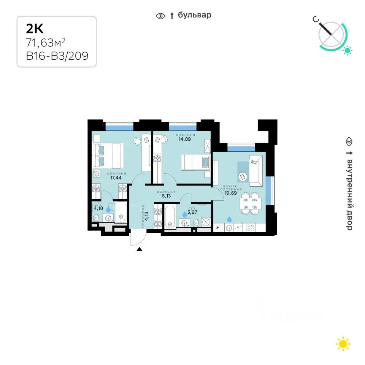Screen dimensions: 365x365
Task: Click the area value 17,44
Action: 116,178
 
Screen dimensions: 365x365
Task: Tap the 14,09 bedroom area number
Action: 185,139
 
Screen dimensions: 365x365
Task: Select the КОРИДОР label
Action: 167,192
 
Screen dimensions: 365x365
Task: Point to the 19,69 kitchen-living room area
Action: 230,193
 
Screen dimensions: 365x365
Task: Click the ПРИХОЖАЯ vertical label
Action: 143,216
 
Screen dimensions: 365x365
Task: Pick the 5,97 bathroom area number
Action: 192,212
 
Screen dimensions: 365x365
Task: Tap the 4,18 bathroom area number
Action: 98,208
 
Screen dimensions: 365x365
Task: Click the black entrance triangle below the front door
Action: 140,249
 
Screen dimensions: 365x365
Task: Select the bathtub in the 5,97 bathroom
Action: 170,217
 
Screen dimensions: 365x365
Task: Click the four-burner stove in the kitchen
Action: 251,228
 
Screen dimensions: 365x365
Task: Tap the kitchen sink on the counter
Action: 229,228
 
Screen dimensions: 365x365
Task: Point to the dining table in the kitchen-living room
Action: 251,203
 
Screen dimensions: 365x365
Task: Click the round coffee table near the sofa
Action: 243,177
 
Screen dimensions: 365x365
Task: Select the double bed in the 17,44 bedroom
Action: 108,156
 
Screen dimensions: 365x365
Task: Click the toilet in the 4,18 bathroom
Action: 96,218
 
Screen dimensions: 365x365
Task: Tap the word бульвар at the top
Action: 195,15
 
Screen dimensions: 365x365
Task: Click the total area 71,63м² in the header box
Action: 45,43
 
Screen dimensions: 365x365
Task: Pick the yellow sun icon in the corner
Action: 343,344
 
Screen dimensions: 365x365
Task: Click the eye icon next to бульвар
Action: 160,16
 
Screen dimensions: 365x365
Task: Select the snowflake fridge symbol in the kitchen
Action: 217,228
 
